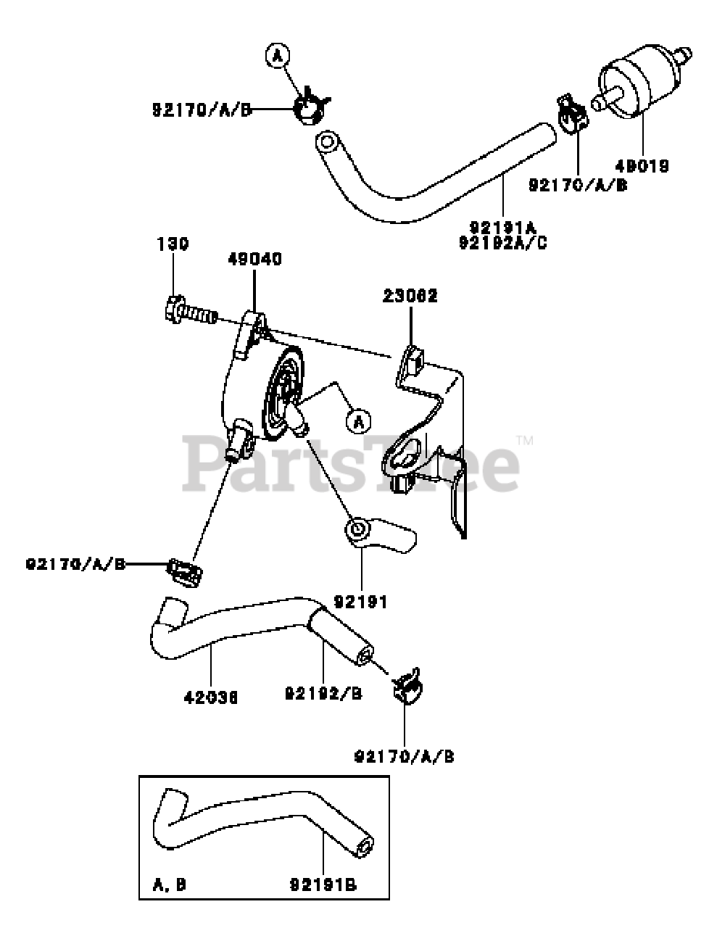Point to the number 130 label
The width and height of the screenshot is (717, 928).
pos(173,244)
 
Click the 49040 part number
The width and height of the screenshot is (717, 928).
pos(254,259)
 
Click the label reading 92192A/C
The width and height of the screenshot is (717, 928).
pos(503,241)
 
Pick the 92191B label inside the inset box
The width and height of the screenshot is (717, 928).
pos(323,884)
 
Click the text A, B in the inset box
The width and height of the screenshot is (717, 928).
pos(170,884)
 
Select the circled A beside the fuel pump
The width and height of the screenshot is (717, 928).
pos(357,420)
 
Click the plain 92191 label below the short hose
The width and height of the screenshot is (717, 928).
pos(361,601)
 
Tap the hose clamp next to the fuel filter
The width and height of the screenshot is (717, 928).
pos(571,114)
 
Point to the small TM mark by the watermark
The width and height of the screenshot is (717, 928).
pos(525,440)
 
